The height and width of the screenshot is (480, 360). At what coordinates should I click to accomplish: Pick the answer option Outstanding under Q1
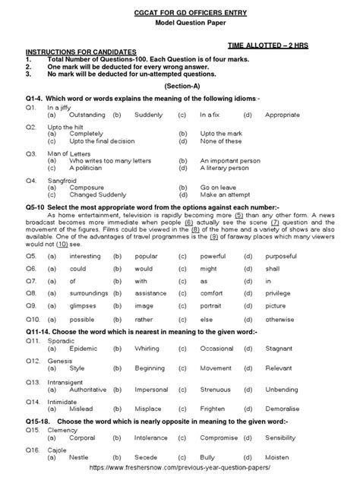click(x=87, y=114)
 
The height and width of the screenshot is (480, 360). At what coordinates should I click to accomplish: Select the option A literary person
click(x=228, y=169)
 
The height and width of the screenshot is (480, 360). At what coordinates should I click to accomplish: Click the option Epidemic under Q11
click(x=83, y=348)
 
